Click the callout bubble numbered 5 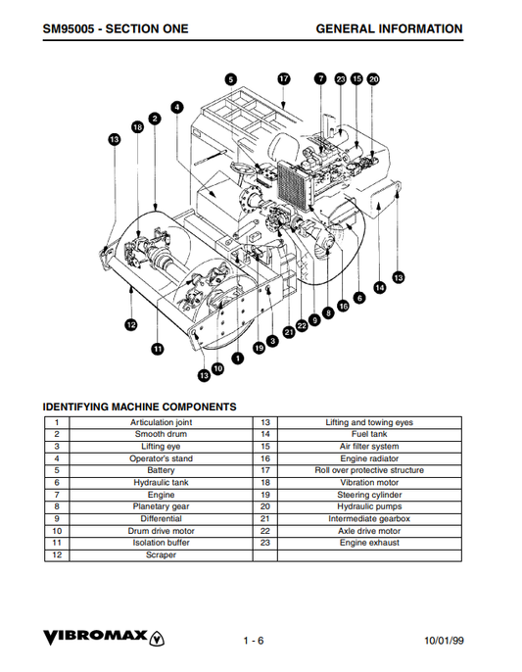tap(230, 79)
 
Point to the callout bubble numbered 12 tap(131, 323)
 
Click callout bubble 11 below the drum tap(157, 348)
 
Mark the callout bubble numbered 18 tap(137, 126)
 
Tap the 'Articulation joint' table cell tap(162, 422)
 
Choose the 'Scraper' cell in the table tap(162, 554)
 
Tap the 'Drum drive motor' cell tap(162, 530)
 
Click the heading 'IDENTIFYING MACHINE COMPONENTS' tap(139, 406)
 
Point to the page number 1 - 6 tap(254, 641)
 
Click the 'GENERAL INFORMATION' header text tap(389, 29)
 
